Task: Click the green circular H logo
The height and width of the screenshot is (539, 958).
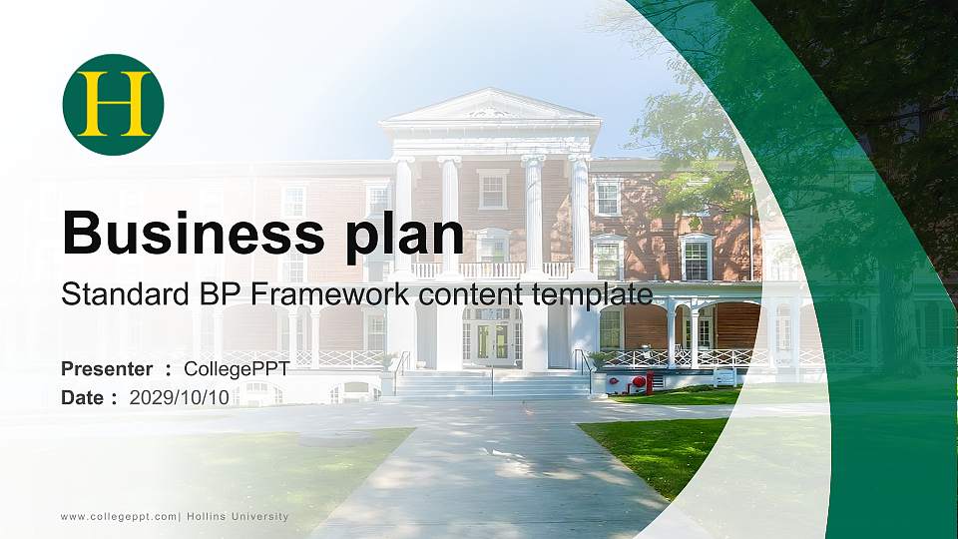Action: (113, 105)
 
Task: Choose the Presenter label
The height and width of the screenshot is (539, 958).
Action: (107, 369)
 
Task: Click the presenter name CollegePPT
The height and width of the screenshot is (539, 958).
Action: (237, 369)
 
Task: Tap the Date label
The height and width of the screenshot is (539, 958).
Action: (84, 397)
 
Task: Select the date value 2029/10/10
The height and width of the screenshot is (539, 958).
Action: (180, 397)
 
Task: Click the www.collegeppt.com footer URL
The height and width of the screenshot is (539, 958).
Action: (119, 516)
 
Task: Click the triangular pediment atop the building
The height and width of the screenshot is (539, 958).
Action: (490, 107)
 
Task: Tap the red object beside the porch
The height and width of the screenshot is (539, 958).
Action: (640, 381)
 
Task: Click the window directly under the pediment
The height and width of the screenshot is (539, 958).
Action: (492, 188)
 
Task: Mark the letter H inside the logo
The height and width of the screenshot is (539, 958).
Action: (113, 105)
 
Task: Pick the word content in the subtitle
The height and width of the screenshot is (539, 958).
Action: (469, 294)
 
